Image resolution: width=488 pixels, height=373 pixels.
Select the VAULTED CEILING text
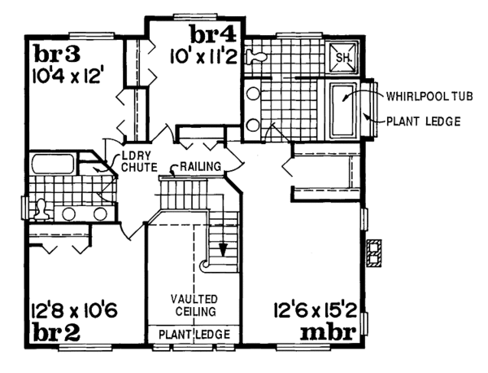[x=193, y=305]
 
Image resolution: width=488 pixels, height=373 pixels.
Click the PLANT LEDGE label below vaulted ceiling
[x=193, y=335]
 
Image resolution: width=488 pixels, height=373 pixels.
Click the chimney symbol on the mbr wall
[x=374, y=254]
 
